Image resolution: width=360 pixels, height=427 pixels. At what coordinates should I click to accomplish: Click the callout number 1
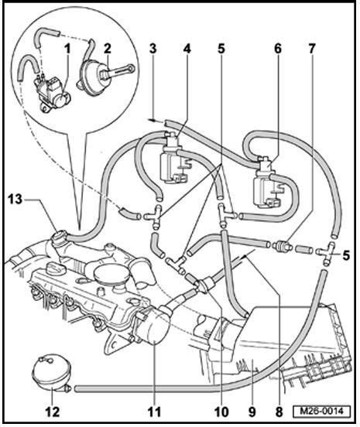tap(67, 49)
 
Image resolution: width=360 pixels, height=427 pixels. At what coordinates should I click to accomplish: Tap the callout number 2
tap(108, 49)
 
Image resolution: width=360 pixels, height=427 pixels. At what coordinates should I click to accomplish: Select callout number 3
tap(153, 49)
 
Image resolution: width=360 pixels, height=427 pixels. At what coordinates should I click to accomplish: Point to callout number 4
tap(187, 49)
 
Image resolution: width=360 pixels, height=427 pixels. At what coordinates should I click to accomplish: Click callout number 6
tap(278, 49)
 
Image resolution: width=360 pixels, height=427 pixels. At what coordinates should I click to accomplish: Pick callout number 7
tap(312, 49)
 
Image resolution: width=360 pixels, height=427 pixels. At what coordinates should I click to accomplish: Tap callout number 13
tap(15, 200)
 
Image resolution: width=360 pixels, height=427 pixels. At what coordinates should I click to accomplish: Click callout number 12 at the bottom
tap(53, 412)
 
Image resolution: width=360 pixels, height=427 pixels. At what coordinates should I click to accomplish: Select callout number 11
tap(154, 412)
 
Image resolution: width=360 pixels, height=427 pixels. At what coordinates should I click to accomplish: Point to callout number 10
tap(221, 412)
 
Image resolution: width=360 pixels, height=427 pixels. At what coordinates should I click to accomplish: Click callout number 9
tap(252, 412)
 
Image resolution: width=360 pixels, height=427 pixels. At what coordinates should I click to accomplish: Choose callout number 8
tap(279, 412)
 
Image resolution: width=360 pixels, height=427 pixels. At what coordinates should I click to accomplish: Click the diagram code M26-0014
tap(321, 411)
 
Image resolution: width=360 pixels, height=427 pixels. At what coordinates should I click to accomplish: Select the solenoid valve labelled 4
tap(173, 159)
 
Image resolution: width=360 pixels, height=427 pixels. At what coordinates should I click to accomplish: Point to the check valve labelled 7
tap(281, 246)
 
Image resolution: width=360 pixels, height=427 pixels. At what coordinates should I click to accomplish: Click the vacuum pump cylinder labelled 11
tap(152, 325)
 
